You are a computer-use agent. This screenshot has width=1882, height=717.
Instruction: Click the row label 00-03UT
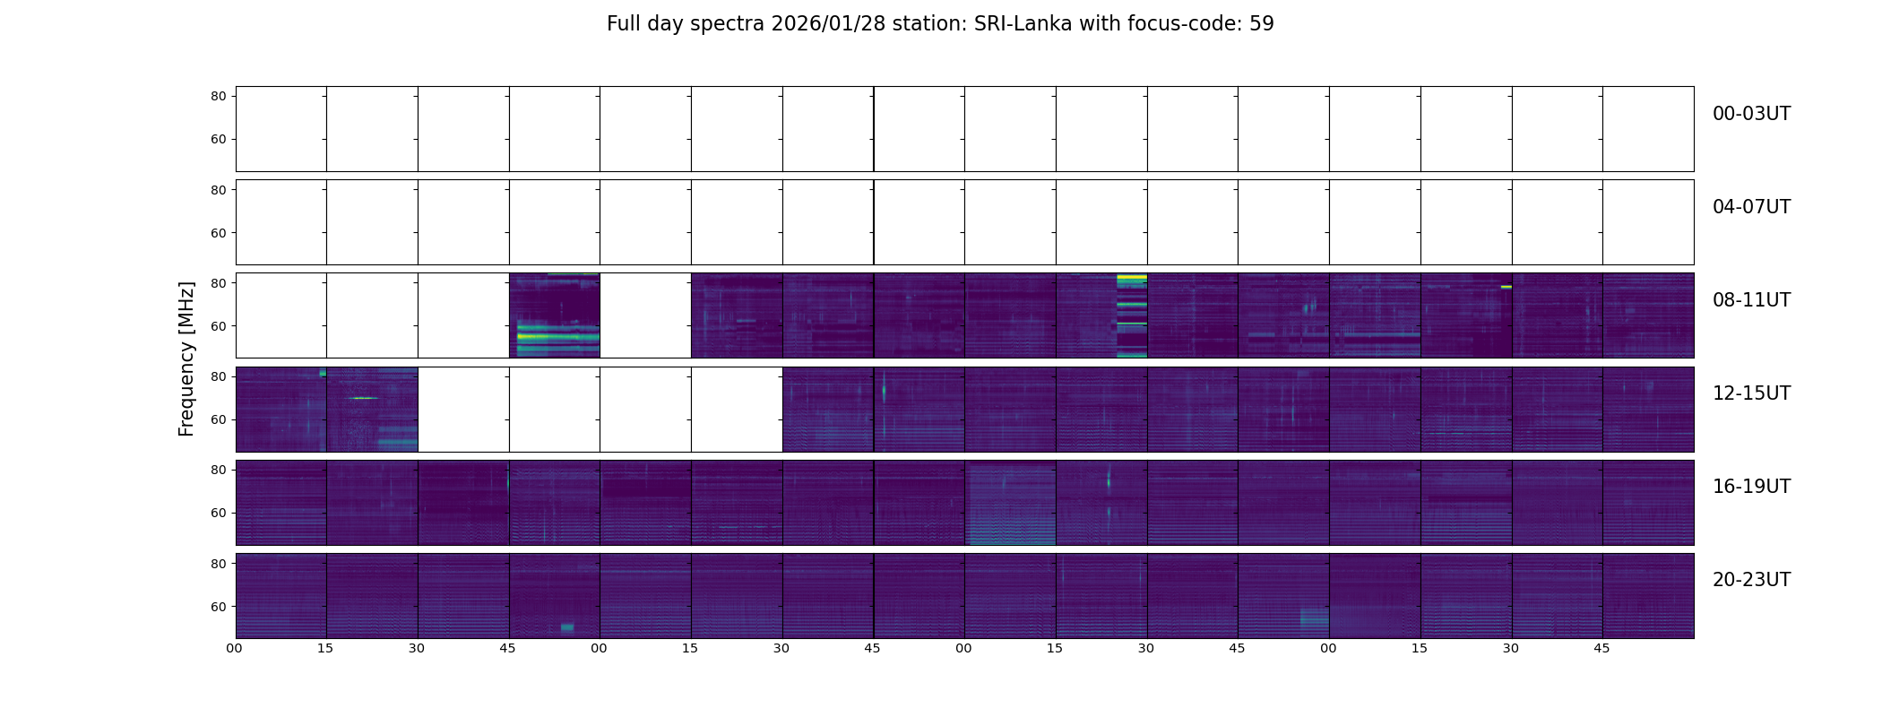1751,114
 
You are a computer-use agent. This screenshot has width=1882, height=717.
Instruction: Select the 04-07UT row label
1751,207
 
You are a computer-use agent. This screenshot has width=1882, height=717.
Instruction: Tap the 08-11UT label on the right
1751,300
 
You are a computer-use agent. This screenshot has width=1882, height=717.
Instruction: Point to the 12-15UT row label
1751,393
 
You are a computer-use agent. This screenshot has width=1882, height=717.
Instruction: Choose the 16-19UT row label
1751,487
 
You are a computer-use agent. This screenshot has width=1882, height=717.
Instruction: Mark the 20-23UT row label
1751,580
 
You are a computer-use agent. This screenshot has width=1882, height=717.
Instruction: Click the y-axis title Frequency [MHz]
186,358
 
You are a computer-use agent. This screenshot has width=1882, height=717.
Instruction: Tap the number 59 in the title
1261,24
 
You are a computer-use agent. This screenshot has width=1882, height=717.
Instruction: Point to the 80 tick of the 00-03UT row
219,96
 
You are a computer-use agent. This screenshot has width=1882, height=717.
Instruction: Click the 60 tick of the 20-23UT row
219,607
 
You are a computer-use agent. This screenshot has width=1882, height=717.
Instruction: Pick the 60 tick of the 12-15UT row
219,419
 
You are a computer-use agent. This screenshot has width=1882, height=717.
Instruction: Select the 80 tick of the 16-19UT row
219,470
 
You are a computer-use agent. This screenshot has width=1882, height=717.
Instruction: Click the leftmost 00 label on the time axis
235,648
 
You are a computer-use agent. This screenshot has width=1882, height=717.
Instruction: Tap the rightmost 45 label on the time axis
1601,648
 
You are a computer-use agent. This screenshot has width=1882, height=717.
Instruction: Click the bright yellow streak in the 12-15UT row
364,398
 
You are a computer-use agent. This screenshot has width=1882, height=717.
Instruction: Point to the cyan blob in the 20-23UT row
567,627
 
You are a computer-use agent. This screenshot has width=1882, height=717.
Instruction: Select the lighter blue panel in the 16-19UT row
1010,503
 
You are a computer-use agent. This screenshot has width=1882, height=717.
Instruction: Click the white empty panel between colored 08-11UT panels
645,315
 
